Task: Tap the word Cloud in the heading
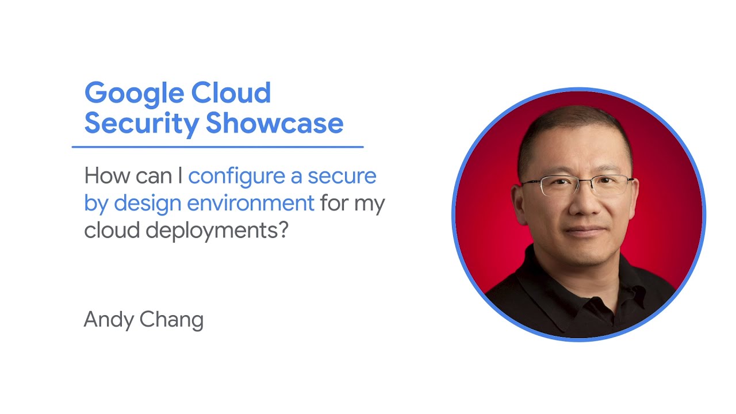231,93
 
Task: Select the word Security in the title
141,123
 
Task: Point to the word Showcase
274,123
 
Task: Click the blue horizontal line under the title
217,147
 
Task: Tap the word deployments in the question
217,231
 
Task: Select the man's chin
582,256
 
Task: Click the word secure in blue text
342,176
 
